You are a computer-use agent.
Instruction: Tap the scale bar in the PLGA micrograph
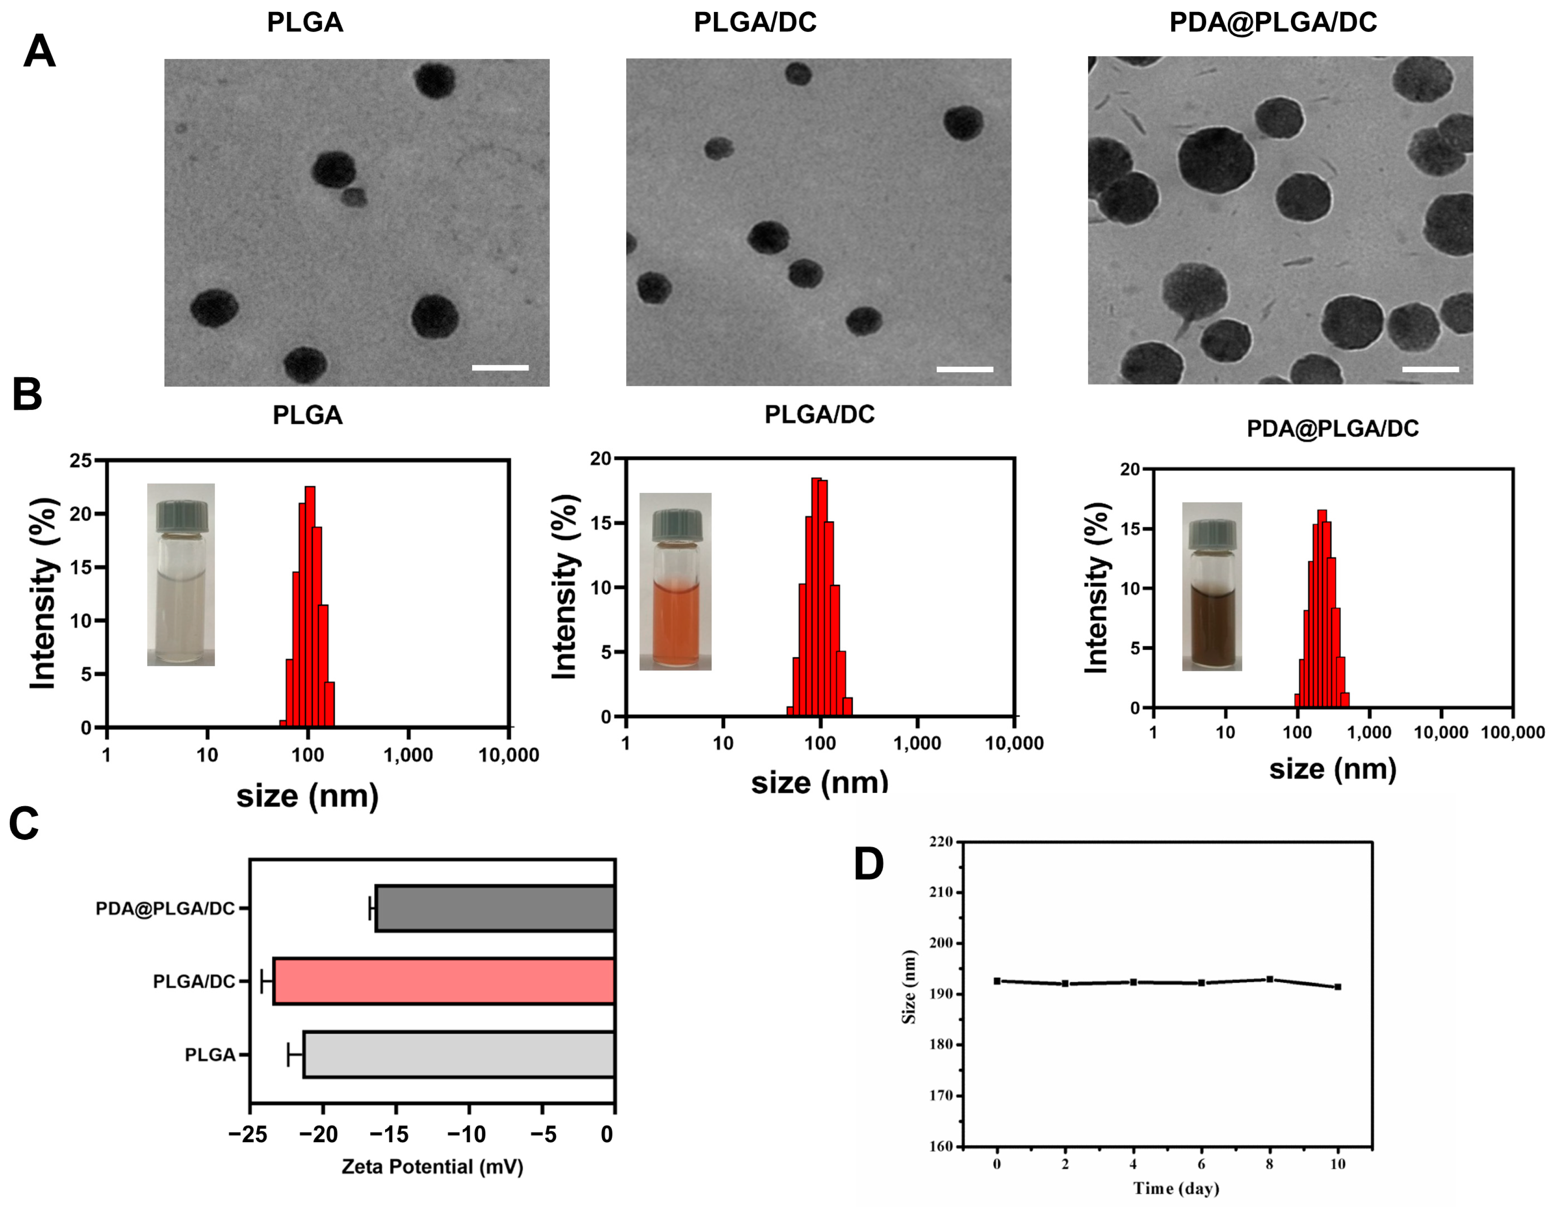[500, 368]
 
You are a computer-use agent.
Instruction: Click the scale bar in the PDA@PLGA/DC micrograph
[1430, 369]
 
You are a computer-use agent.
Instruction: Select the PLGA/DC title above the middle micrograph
[755, 23]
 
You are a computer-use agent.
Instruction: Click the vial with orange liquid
[675, 582]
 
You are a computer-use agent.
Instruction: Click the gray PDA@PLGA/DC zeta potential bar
[494, 908]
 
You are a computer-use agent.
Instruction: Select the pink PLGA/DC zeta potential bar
[443, 982]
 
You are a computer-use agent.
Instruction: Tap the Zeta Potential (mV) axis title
[432, 1166]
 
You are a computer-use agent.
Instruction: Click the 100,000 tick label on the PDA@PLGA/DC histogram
[1513, 732]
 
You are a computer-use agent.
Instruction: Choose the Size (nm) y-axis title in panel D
[908, 986]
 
